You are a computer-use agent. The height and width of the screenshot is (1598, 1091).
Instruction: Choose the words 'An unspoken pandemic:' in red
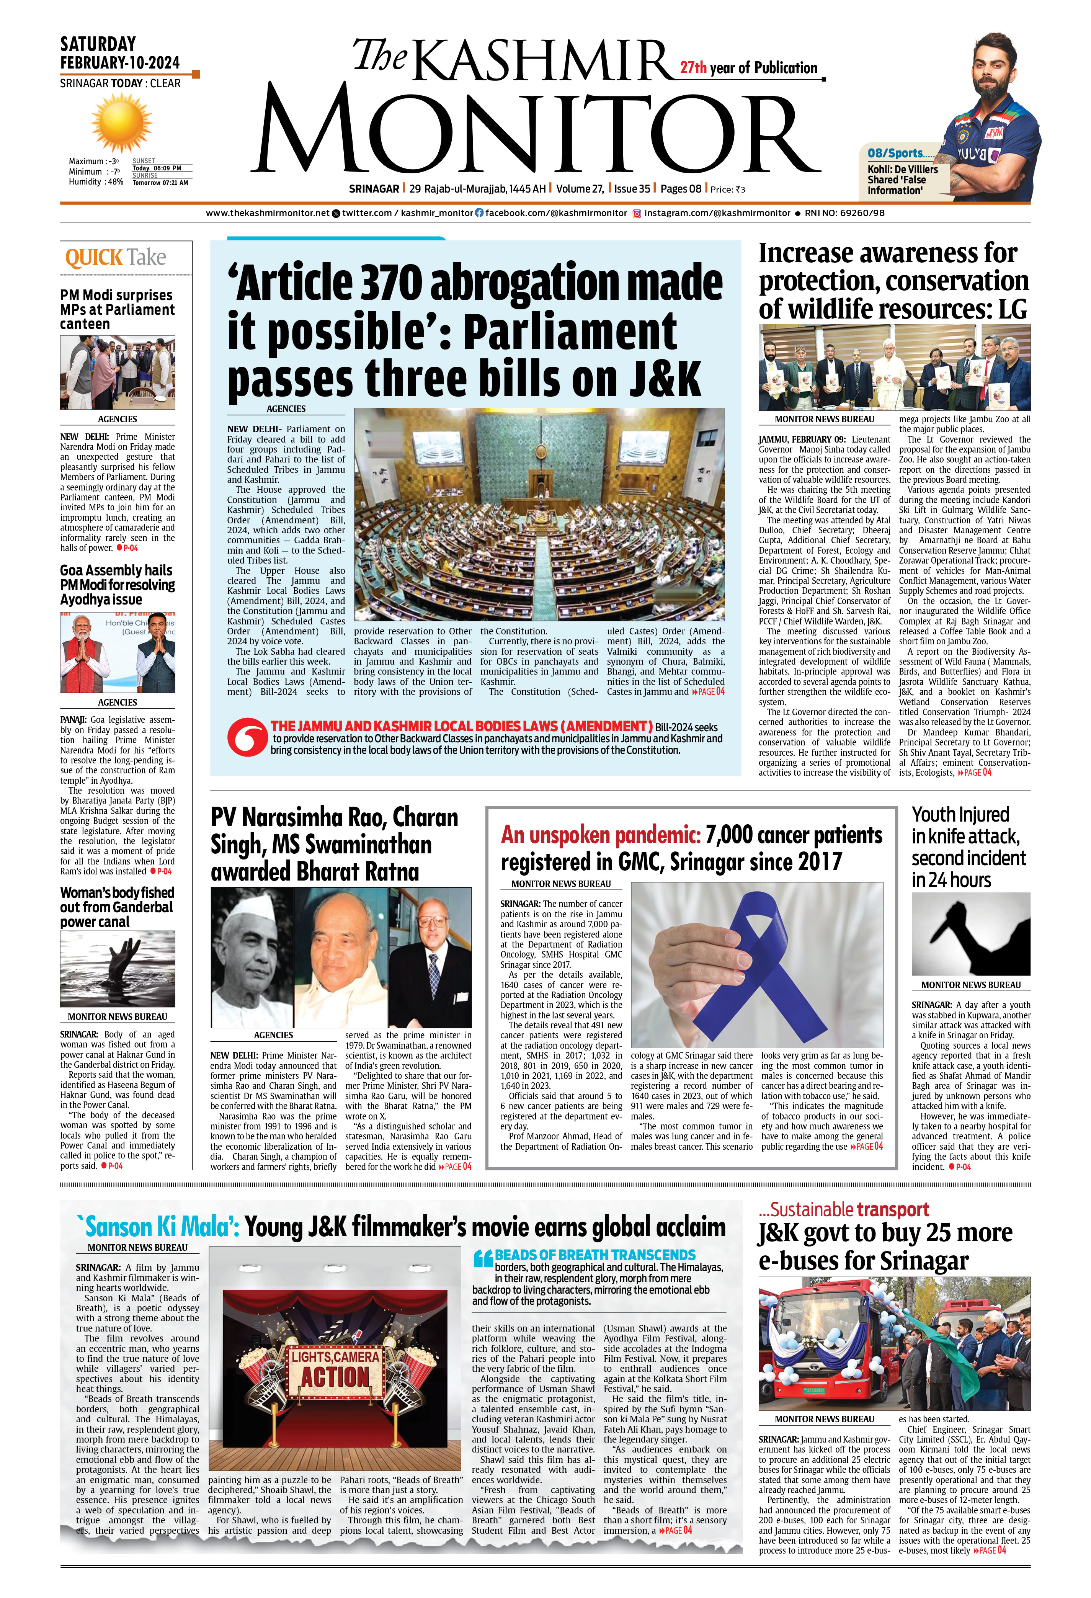coord(600,835)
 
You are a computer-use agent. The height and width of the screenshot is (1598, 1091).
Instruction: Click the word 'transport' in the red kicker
coord(892,1209)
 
